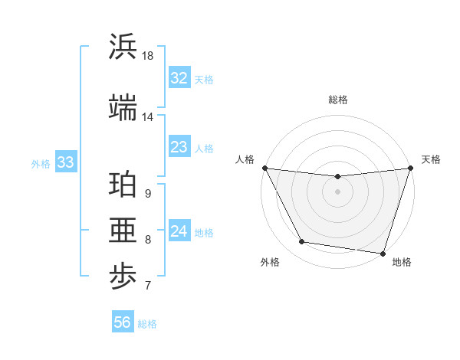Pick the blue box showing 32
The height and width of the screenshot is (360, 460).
(x=179, y=78)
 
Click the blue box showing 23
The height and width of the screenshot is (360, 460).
(x=179, y=147)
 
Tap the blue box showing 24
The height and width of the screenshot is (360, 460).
(x=179, y=231)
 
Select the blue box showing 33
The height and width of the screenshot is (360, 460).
(x=65, y=162)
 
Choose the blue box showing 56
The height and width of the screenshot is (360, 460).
(x=122, y=322)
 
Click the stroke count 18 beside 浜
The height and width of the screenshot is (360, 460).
(x=148, y=57)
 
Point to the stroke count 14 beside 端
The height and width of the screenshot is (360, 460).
(x=148, y=117)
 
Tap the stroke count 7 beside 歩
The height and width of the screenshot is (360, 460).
(x=148, y=286)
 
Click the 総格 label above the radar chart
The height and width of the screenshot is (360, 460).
(x=337, y=100)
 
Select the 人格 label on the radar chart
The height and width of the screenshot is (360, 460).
(x=245, y=159)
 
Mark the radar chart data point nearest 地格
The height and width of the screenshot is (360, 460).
(x=383, y=253)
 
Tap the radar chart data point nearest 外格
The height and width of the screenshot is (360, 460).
(x=302, y=243)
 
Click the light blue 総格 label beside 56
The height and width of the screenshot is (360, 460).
(x=147, y=324)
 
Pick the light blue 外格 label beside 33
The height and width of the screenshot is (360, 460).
(x=41, y=163)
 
